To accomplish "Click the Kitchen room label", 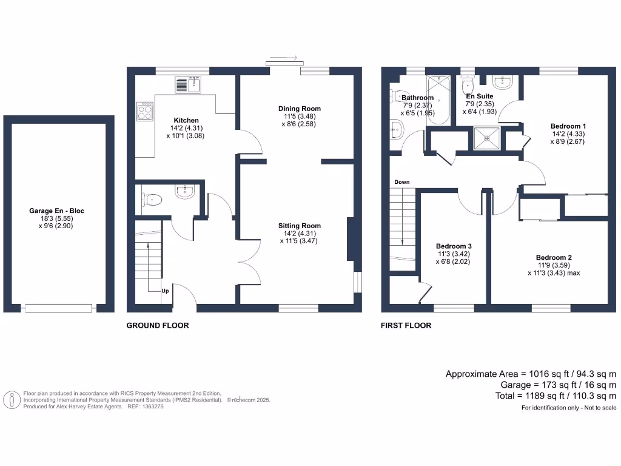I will [186, 120].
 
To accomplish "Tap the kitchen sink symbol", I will [188, 85].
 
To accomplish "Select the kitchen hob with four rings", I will [145, 110].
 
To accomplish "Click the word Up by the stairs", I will [164, 291].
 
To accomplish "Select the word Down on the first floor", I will [401, 182].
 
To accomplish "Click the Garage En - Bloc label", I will [57, 211].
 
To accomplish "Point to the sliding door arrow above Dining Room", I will [283, 58].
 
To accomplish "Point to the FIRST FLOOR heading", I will [406, 326].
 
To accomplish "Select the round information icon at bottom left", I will [11, 400].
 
